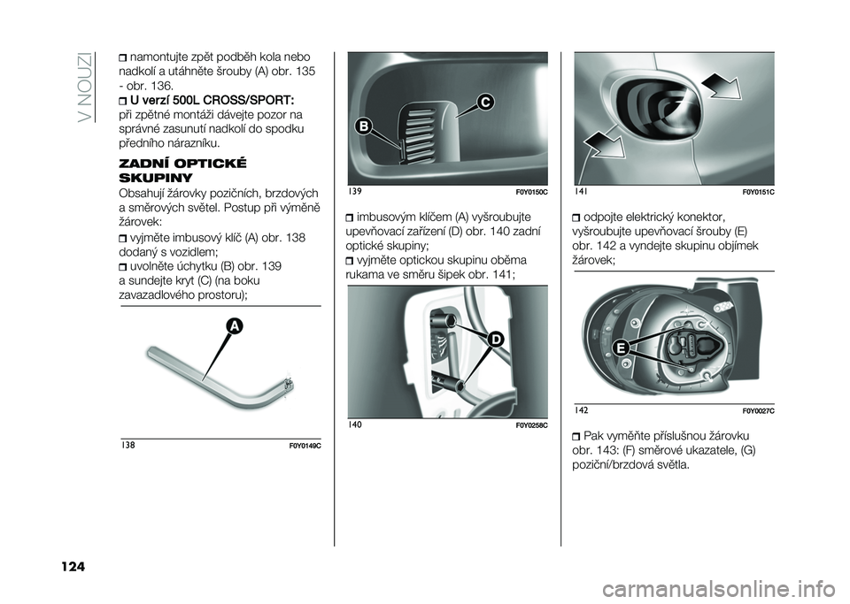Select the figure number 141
pos(582,191)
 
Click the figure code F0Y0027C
pos(757,411)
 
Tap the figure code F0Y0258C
pos(530,426)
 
